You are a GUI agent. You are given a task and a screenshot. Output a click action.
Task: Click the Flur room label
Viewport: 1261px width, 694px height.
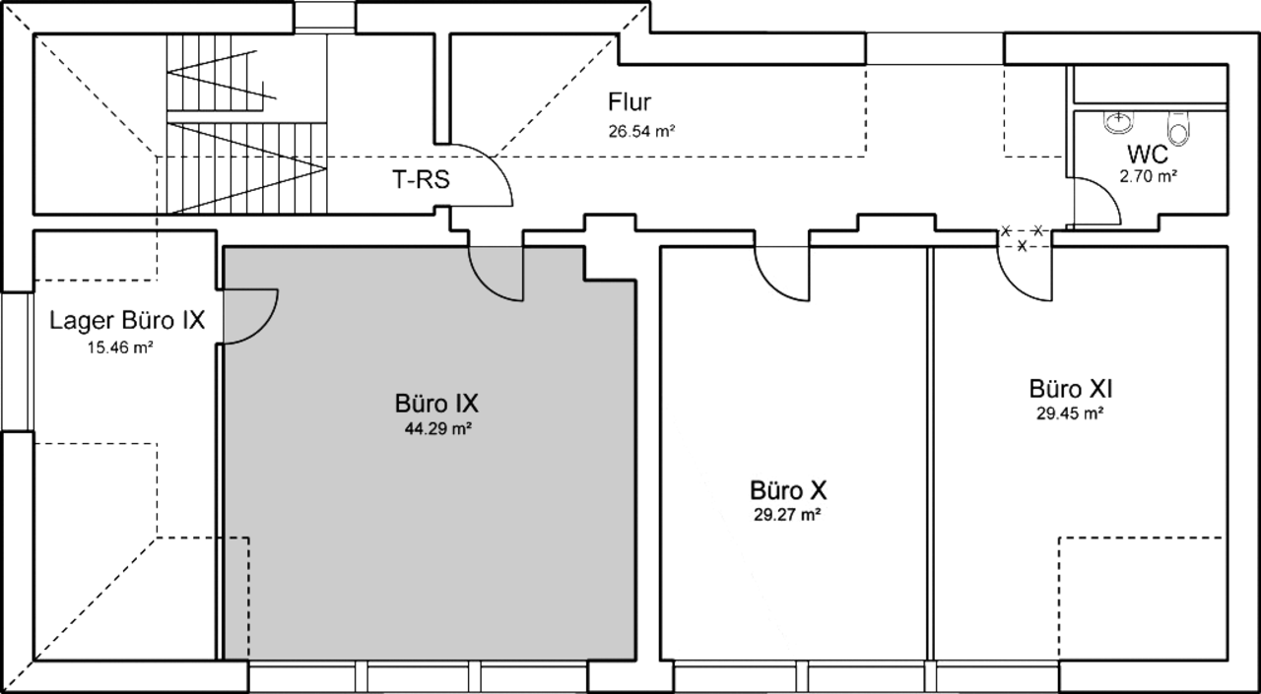(630, 102)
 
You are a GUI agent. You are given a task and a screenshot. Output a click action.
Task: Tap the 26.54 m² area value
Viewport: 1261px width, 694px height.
(641, 131)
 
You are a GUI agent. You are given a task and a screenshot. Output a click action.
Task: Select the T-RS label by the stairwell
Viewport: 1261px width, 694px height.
(421, 180)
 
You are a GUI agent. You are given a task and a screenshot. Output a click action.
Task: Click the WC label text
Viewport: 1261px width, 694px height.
(1148, 155)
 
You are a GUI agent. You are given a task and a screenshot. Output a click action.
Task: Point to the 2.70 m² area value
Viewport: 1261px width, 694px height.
(1148, 176)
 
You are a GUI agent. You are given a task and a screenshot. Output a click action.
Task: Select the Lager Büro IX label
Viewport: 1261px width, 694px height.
(127, 321)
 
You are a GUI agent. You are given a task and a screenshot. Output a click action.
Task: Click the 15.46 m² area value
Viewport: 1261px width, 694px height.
(120, 347)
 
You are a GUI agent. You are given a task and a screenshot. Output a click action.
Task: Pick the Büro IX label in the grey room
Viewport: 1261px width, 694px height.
(436, 404)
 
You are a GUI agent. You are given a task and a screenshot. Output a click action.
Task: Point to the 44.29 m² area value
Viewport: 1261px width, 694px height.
(438, 429)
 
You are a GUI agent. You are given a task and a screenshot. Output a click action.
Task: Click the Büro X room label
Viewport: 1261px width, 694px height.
(788, 490)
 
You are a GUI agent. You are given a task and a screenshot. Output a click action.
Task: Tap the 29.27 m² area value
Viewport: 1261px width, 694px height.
(787, 515)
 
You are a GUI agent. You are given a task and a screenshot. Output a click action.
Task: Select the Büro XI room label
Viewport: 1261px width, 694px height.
(1071, 389)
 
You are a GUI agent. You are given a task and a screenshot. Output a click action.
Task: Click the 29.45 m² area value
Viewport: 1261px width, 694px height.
(1070, 413)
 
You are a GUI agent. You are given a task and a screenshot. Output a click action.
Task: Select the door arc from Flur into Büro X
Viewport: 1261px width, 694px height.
(770, 285)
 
